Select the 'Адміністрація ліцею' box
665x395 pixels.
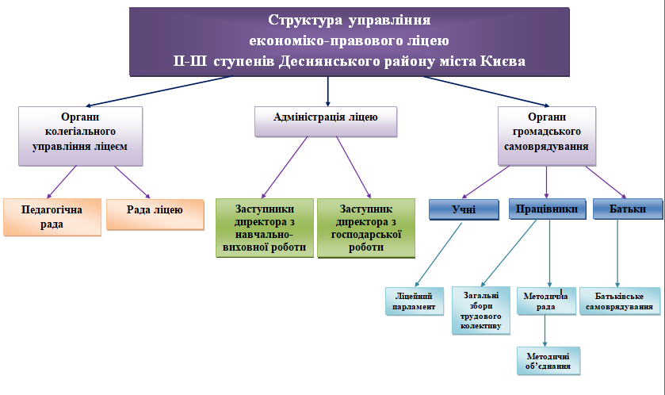click(325, 119)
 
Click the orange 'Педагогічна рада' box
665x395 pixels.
click(53, 217)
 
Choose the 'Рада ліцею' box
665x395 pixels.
click(155, 212)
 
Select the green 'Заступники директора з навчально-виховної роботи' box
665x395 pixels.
click(265, 228)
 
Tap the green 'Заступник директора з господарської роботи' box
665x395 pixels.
click(366, 228)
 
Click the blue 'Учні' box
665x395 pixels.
click(464, 209)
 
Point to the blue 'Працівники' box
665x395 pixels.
click(545, 209)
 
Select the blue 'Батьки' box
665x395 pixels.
click(627, 209)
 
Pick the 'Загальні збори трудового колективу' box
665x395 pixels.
click(480, 310)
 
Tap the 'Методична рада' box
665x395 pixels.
click(545, 301)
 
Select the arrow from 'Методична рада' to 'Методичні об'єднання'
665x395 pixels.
click(545, 331)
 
